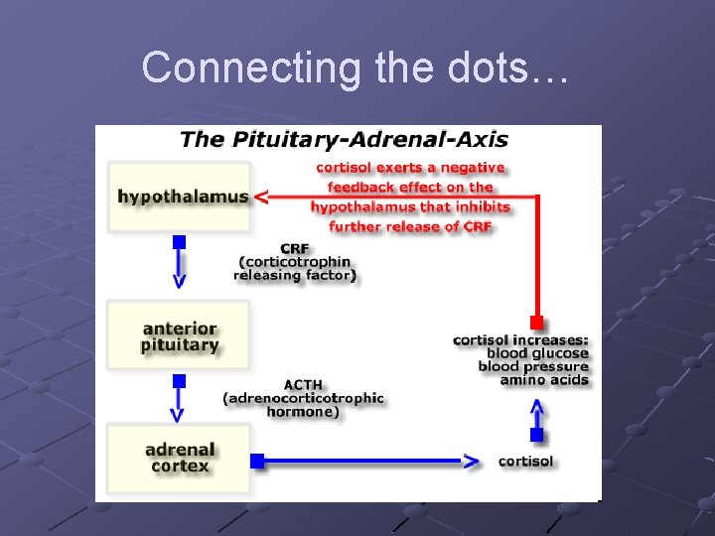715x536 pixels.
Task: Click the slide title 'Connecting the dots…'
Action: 356,67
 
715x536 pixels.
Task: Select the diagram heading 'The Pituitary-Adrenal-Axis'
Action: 344,139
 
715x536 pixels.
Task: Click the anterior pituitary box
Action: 180,337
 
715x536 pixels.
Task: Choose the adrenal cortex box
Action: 180,458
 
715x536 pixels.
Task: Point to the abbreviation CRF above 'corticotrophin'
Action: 294,248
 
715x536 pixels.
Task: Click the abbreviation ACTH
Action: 303,384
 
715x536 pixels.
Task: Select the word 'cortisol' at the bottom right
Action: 525,462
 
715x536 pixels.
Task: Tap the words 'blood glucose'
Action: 538,353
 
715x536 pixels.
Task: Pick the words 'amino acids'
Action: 544,380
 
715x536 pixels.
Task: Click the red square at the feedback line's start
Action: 536,322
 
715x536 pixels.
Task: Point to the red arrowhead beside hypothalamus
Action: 260,197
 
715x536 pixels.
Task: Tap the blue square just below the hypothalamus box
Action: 179,242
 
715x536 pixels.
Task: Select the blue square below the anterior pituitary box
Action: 179,380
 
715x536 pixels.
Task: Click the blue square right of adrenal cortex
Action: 257,461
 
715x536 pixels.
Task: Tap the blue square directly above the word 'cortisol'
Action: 536,435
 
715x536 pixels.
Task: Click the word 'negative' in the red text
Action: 475,168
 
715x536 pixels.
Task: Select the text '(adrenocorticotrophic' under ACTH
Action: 303,398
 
